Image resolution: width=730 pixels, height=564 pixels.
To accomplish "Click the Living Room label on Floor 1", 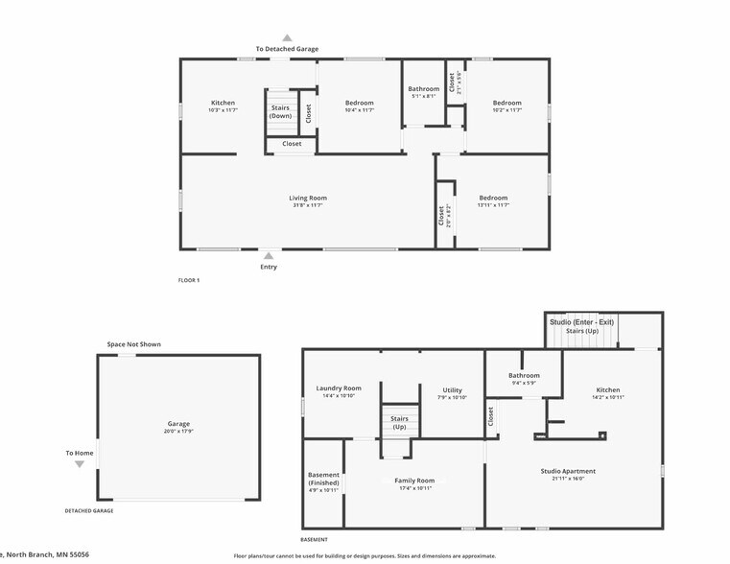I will (309, 199).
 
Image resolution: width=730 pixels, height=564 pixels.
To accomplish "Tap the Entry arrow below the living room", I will (269, 256).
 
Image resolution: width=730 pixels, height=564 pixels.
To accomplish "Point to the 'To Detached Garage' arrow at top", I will (287, 38).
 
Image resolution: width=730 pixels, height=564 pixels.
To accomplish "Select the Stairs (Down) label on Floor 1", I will (280, 112).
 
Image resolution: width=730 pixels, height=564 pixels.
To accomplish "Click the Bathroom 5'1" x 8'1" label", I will (424, 89).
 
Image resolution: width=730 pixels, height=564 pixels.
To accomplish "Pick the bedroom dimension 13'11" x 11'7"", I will (493, 205).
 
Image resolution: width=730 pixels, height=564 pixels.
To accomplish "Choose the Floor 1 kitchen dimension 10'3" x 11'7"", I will (223, 110).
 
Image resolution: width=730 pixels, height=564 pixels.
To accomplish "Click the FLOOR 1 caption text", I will (189, 280).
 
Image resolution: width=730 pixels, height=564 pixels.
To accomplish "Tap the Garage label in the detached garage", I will (178, 424).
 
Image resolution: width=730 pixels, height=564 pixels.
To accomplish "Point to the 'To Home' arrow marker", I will (80, 464).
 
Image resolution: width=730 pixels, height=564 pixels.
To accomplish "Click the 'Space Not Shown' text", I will (133, 344).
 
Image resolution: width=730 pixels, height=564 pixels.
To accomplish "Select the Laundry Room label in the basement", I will (339, 388).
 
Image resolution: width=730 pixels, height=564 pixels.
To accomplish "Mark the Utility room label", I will (453, 390).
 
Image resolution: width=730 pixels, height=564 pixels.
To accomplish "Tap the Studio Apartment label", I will (574, 471).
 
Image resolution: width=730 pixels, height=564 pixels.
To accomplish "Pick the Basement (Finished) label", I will (323, 479).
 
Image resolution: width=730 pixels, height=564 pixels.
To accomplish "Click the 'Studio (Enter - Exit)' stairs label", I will (581, 322).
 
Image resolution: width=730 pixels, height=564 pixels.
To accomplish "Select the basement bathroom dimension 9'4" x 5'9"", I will (524, 384).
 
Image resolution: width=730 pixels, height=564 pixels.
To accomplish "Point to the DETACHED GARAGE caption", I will (89, 511).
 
